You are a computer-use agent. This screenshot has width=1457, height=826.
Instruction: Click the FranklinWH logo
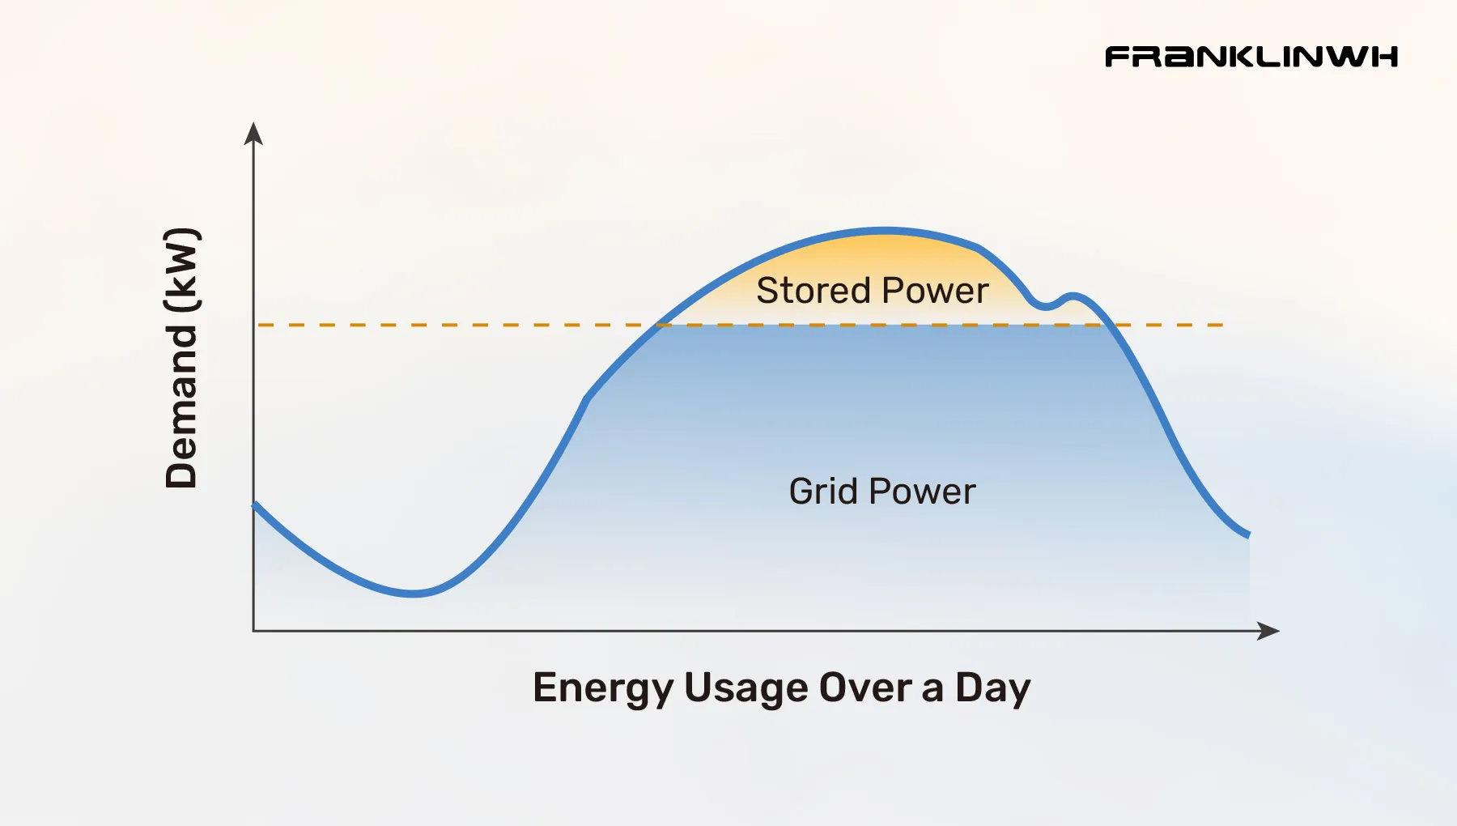coord(1251,57)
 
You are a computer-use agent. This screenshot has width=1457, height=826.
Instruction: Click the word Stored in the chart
coord(813,291)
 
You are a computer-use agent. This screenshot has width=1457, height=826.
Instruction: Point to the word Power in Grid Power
coord(923,492)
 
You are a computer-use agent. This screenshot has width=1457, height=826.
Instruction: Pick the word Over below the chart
coord(865,688)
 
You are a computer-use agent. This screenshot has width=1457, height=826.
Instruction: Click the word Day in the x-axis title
coord(993,689)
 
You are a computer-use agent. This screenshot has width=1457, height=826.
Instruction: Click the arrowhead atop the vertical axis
coord(253,133)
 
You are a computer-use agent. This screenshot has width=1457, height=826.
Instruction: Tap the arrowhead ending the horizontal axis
coord(1268,631)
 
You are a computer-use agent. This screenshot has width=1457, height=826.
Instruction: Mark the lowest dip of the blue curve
coord(413,594)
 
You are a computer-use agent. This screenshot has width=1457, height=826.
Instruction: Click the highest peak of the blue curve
coord(884,230)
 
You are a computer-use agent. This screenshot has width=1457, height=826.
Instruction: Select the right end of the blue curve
coord(1247,534)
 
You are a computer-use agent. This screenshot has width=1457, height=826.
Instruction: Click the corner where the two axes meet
coord(253,631)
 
